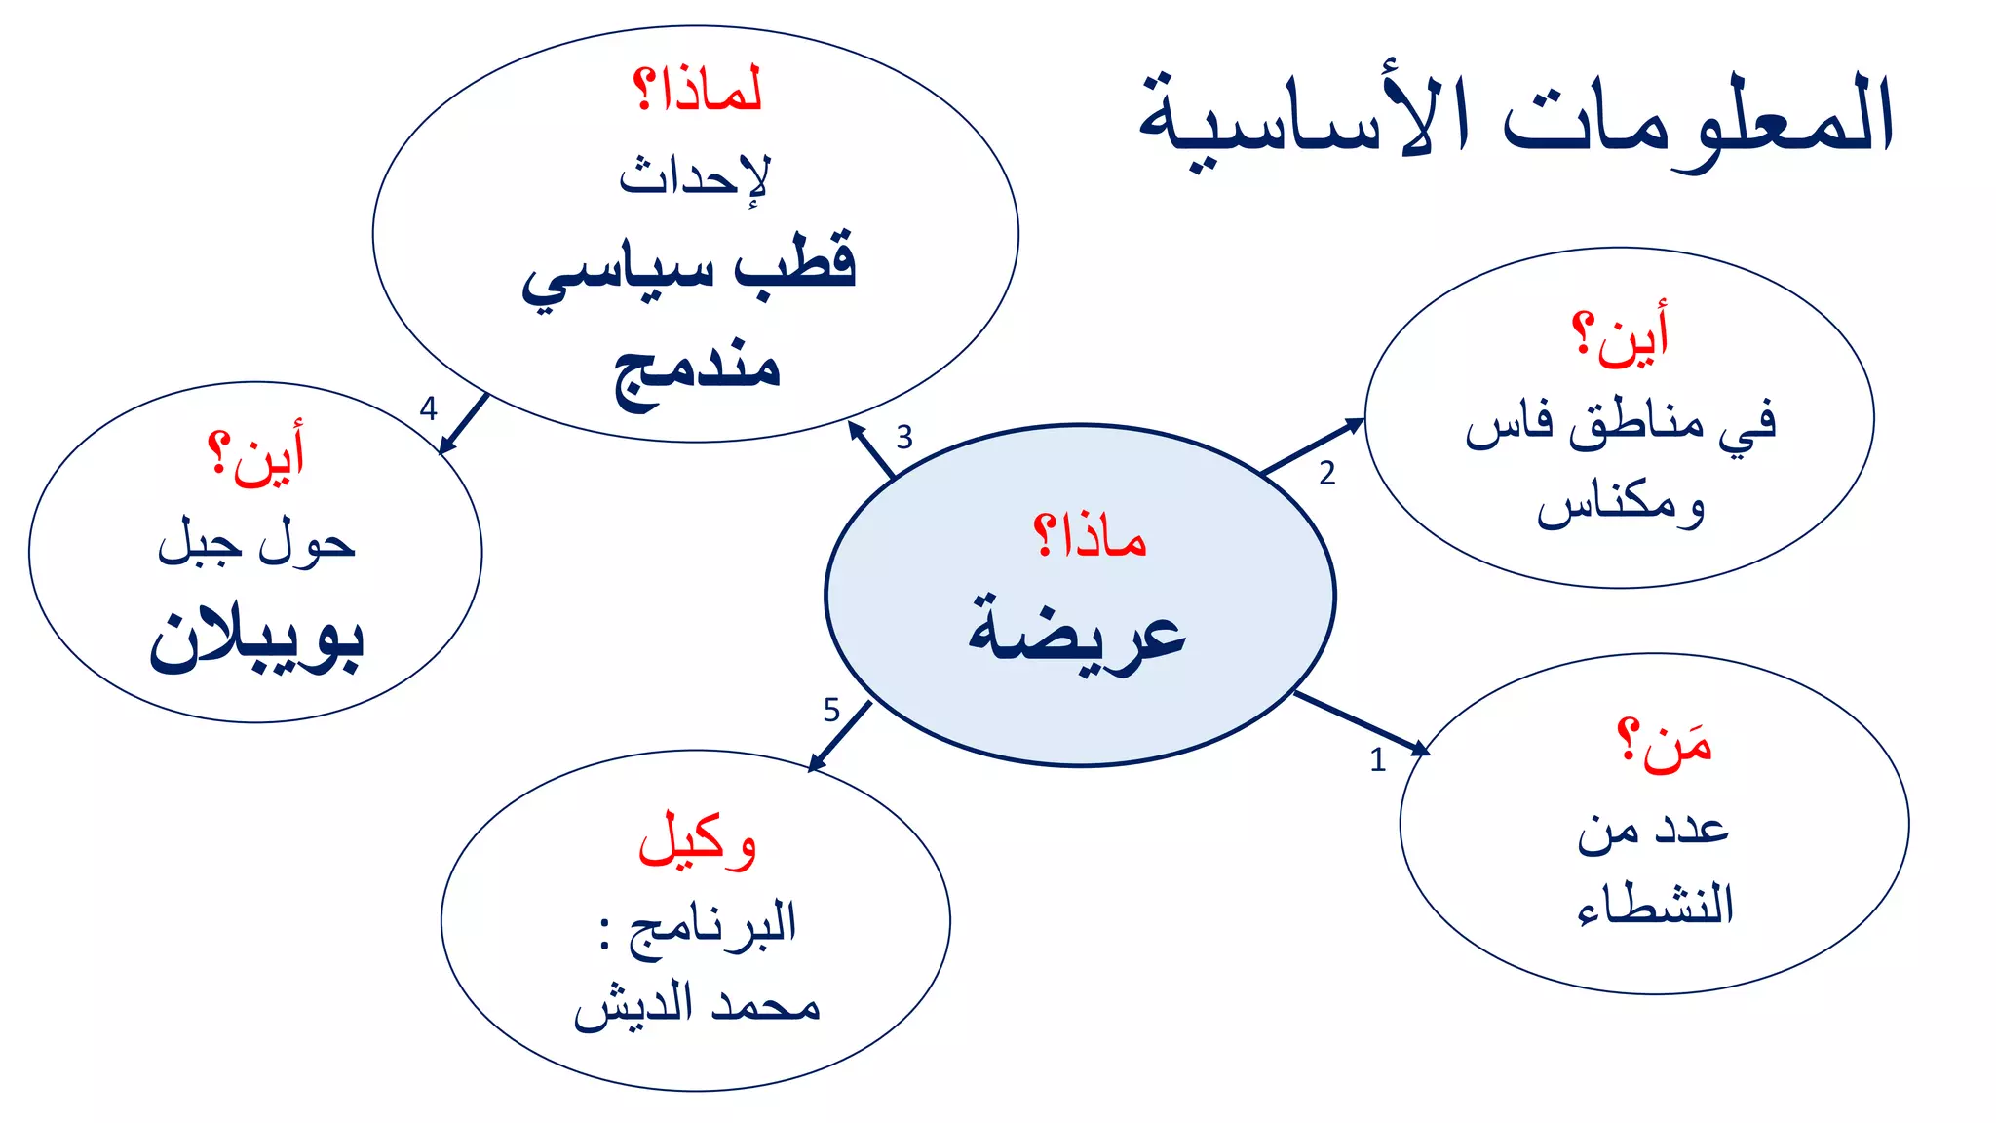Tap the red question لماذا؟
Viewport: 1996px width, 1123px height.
click(x=697, y=91)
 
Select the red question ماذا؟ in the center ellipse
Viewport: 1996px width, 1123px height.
click(x=1090, y=536)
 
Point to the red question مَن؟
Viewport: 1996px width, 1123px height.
click(x=1664, y=746)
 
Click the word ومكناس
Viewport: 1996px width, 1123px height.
click(x=1621, y=504)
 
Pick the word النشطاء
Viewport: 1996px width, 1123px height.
click(x=1655, y=905)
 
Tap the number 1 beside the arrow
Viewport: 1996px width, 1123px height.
click(x=1377, y=759)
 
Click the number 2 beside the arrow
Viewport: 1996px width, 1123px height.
click(x=1326, y=474)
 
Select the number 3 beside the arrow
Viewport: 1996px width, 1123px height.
click(x=904, y=437)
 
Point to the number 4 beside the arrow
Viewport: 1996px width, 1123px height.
click(x=428, y=408)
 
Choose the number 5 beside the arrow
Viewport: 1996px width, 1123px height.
click(x=831, y=710)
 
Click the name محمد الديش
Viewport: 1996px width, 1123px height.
click(x=696, y=1005)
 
